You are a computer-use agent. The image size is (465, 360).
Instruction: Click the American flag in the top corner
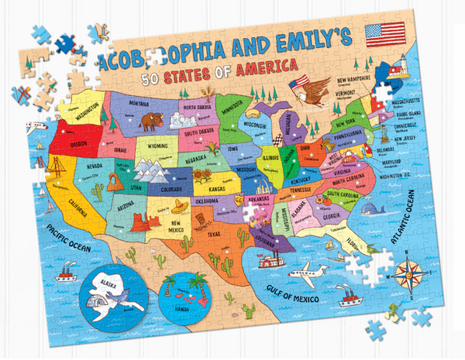(x=385, y=34)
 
